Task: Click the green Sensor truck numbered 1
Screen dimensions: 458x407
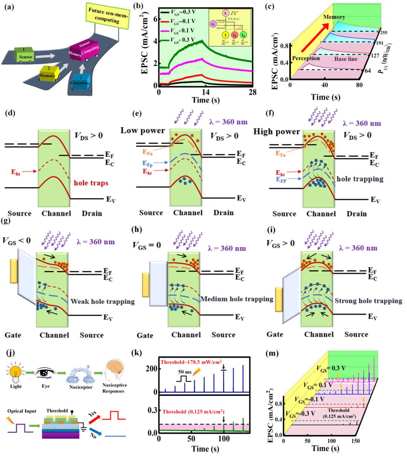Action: coord(25,55)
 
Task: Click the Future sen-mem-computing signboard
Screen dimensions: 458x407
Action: coord(108,16)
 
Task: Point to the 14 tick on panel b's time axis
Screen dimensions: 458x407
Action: coord(205,91)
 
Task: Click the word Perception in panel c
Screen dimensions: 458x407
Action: coord(306,58)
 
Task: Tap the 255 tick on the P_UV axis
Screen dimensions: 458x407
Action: coord(384,32)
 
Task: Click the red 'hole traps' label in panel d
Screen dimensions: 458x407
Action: coord(91,183)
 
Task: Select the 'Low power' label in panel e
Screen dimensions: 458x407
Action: coord(143,131)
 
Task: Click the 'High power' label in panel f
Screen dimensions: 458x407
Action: coord(277,131)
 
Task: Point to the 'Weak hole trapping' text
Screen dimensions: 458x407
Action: coord(103,301)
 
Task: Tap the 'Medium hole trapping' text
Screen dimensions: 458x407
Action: coord(237,299)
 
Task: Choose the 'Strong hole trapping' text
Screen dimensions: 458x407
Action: coord(368,301)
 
